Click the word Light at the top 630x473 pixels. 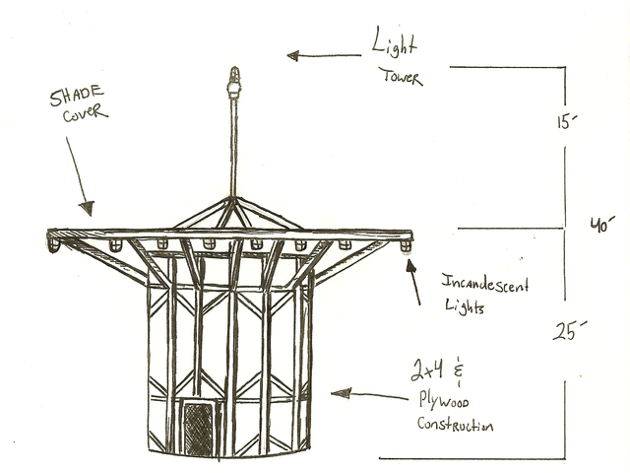394,45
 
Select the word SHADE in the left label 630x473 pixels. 77,98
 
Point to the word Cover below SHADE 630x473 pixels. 82,115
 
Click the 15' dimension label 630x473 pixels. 564,123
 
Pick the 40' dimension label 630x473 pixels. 600,225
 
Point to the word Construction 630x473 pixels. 455,426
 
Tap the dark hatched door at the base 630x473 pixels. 199,428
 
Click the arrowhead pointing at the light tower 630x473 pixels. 292,55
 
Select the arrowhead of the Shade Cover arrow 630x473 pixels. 88,208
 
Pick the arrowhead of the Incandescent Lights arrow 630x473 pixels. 412,267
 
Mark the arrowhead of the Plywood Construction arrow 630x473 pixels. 337,393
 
